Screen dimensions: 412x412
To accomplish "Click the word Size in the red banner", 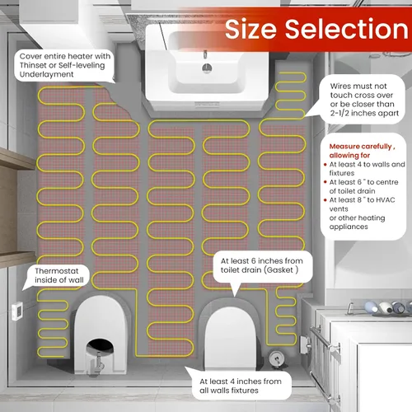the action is pos(250,30).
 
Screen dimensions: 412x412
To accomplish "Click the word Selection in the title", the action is pos(347,29).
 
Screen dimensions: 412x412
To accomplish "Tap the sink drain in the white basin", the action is pos(207,68).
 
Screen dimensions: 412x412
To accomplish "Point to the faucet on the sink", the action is pos(205,54).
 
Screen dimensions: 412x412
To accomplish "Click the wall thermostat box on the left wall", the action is pos(17,311).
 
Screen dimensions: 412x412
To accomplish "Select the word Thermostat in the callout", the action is pos(57,271).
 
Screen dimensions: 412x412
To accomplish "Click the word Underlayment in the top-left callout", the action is pos(46,74).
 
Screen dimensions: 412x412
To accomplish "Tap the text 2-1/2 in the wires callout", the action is pos(339,113).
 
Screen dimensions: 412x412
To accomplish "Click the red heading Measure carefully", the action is pos(360,147).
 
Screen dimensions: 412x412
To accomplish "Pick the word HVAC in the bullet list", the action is pos(385,200).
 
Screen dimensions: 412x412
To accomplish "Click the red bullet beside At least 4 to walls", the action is pos(325,165).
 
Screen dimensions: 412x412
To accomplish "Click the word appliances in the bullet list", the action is pos(349,227).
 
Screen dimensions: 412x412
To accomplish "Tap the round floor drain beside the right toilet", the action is pos(277,358).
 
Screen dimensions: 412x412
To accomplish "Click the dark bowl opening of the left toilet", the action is pos(100,347).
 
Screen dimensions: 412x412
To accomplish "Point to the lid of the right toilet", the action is pos(231,336).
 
